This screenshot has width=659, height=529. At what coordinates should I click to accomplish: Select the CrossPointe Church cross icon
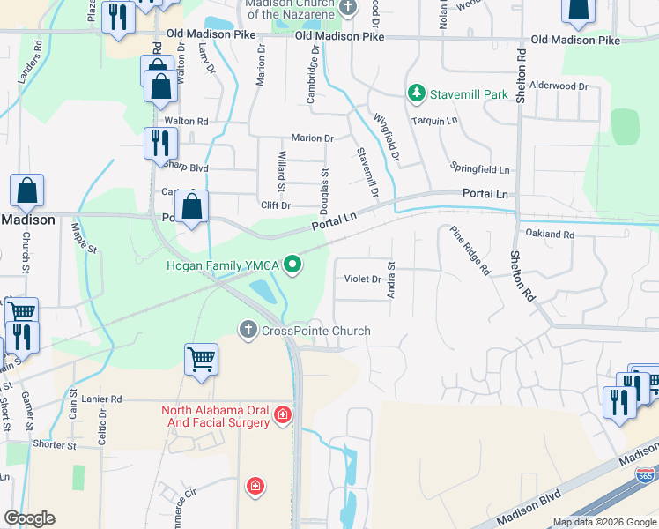(248, 330)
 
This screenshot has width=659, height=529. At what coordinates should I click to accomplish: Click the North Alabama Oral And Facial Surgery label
(215, 416)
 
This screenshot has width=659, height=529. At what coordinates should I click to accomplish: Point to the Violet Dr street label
(362, 279)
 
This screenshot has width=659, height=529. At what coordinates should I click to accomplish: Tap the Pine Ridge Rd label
(470, 251)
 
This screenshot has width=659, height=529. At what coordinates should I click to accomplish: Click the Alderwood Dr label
(559, 86)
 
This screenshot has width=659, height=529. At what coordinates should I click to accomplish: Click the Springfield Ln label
(480, 168)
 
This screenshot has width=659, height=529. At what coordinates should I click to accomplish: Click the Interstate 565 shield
(644, 476)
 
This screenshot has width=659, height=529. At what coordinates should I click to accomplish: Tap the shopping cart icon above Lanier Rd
(201, 359)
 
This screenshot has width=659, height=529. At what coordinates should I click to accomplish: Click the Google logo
(29, 518)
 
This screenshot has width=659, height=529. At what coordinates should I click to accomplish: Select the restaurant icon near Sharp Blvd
(160, 142)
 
